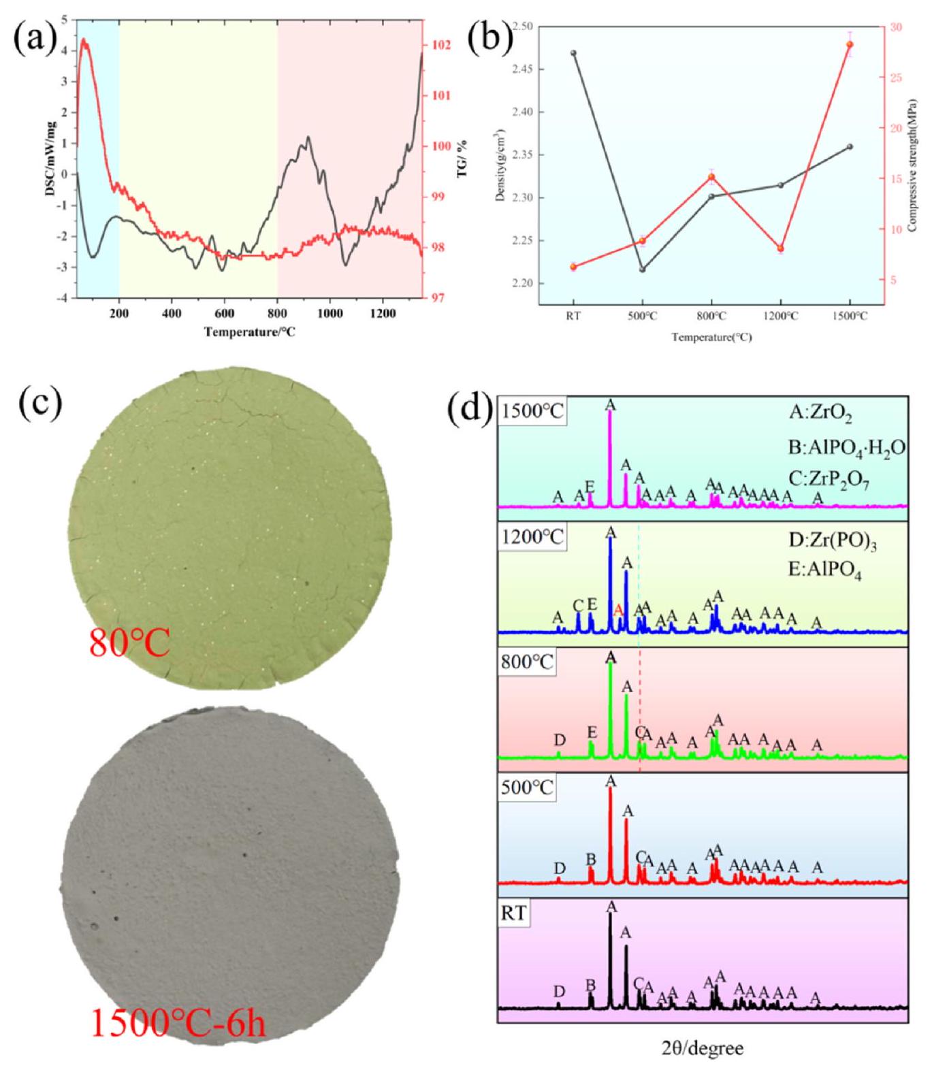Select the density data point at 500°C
[x=642, y=270]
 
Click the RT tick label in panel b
[x=573, y=316]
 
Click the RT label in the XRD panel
[x=514, y=913]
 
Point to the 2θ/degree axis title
[x=702, y=1047]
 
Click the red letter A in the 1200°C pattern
[x=618, y=610]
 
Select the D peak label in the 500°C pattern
[x=560, y=868]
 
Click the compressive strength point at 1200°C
[x=780, y=248]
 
